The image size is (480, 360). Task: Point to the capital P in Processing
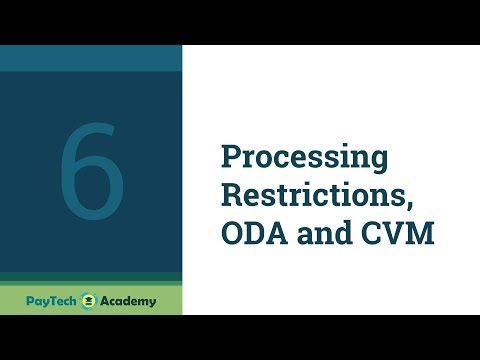tap(229, 157)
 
